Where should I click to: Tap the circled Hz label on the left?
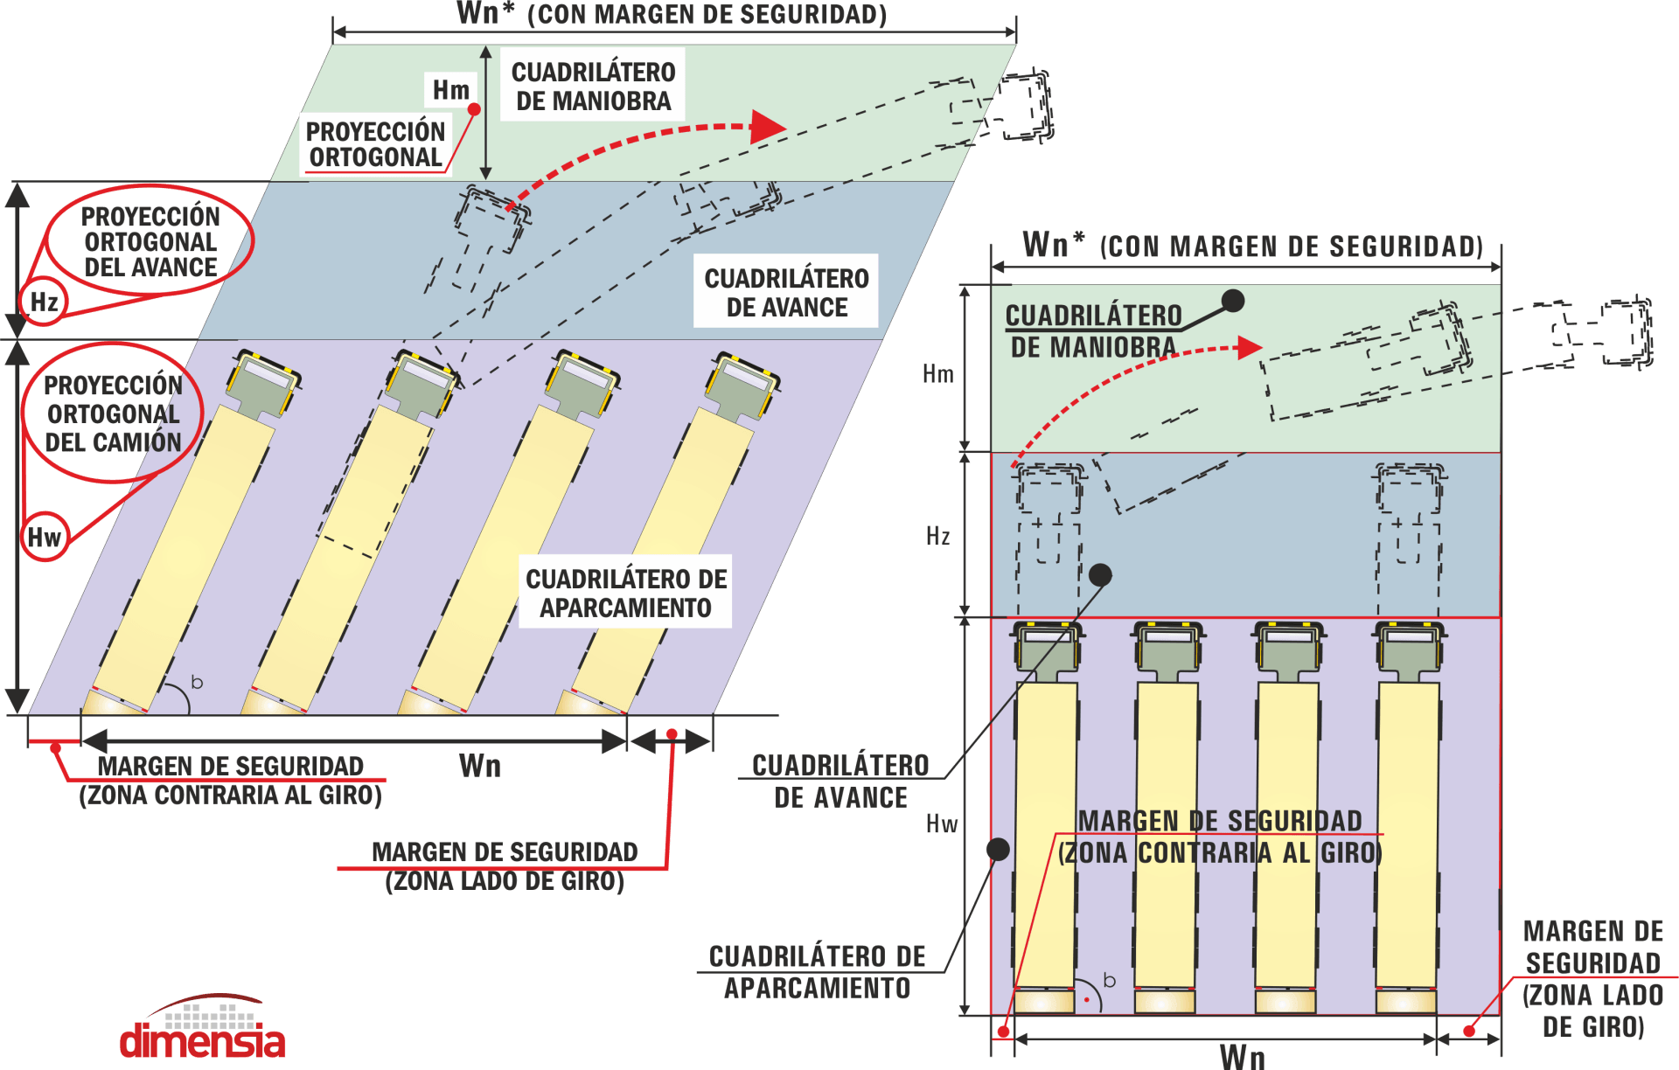pos(44,302)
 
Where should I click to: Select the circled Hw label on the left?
pos(45,537)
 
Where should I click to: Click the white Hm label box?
pos(451,89)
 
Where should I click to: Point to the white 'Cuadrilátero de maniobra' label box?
pos(593,86)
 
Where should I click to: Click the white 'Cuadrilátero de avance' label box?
pos(786,292)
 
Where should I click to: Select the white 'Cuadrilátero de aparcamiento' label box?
pos(625,592)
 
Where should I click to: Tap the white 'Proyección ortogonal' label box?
pos(376,144)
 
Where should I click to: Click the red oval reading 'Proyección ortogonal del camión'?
pos(114,413)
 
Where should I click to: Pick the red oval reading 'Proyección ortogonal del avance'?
pos(150,242)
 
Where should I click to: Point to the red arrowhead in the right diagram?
pos(1249,347)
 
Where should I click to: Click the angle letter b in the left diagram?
pos(197,682)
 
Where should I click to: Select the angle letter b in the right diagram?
pos(1109,980)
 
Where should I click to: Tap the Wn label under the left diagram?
pos(480,767)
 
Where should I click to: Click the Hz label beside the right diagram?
pos(938,536)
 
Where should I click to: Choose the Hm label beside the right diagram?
pos(938,374)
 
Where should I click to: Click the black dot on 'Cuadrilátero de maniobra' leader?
pos(1233,301)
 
